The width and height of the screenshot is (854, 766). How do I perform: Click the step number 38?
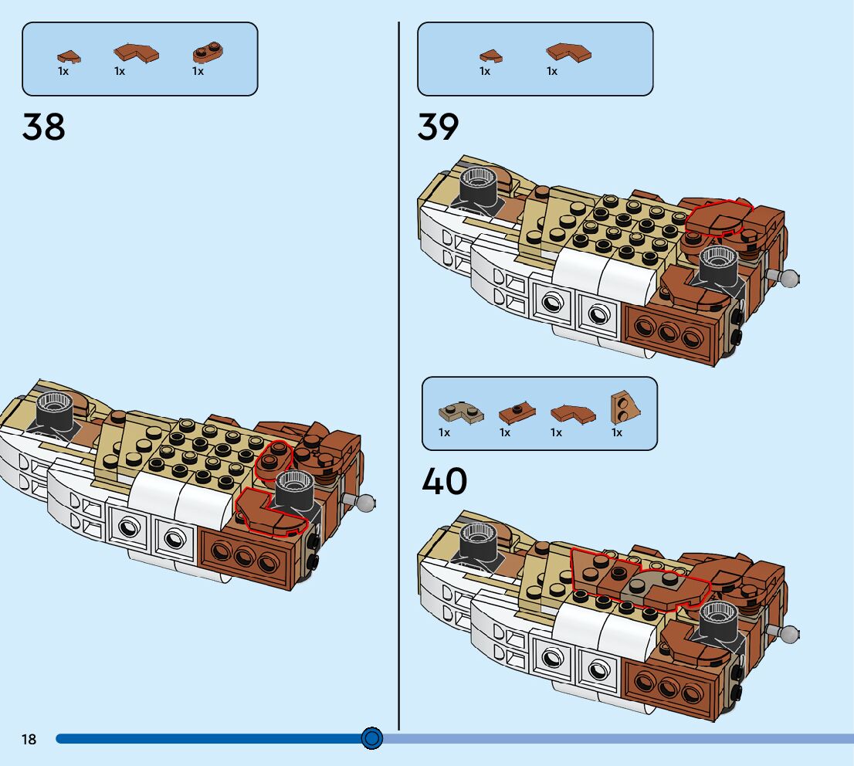44,127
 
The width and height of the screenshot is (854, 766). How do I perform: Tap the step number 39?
438,127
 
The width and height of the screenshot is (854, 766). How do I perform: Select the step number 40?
445,481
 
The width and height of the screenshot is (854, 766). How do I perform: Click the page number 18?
29,740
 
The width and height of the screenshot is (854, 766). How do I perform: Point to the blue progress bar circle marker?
372,739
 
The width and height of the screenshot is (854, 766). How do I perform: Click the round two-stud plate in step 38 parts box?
207,53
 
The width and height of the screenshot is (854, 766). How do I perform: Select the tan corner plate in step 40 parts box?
460,412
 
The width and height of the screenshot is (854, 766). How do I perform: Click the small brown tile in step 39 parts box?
490,56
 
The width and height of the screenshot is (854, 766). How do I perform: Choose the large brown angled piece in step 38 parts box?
136,53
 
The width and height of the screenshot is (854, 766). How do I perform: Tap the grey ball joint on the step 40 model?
791,633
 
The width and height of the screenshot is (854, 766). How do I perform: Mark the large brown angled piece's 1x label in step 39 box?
552,71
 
